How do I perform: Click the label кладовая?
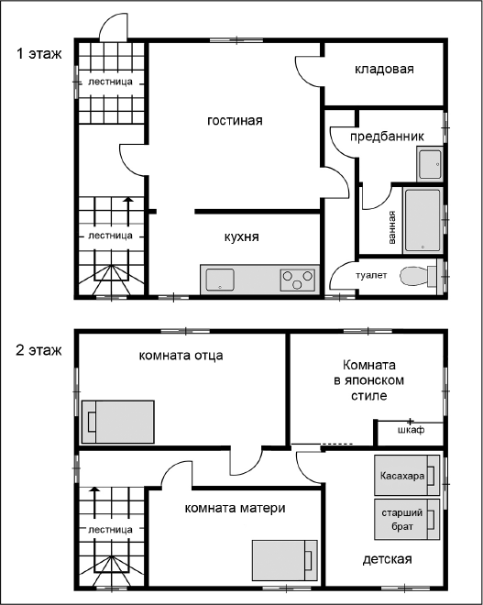(x=384, y=69)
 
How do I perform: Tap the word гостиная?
(x=235, y=120)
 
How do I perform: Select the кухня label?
(x=242, y=236)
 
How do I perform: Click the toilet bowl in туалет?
(x=418, y=276)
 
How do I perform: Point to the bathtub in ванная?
(x=423, y=220)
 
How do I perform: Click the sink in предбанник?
(x=429, y=163)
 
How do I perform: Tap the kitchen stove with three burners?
(x=297, y=280)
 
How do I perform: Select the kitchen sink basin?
(x=220, y=280)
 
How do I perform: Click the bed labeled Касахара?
(x=407, y=476)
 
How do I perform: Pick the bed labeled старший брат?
(x=407, y=520)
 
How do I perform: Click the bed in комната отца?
(x=118, y=422)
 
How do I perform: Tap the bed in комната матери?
(x=285, y=560)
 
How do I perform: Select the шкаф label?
(x=412, y=429)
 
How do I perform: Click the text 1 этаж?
(x=38, y=53)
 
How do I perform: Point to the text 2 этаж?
(x=38, y=350)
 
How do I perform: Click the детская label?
(x=388, y=559)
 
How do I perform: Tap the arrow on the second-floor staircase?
(x=94, y=501)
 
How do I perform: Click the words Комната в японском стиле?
(x=368, y=380)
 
